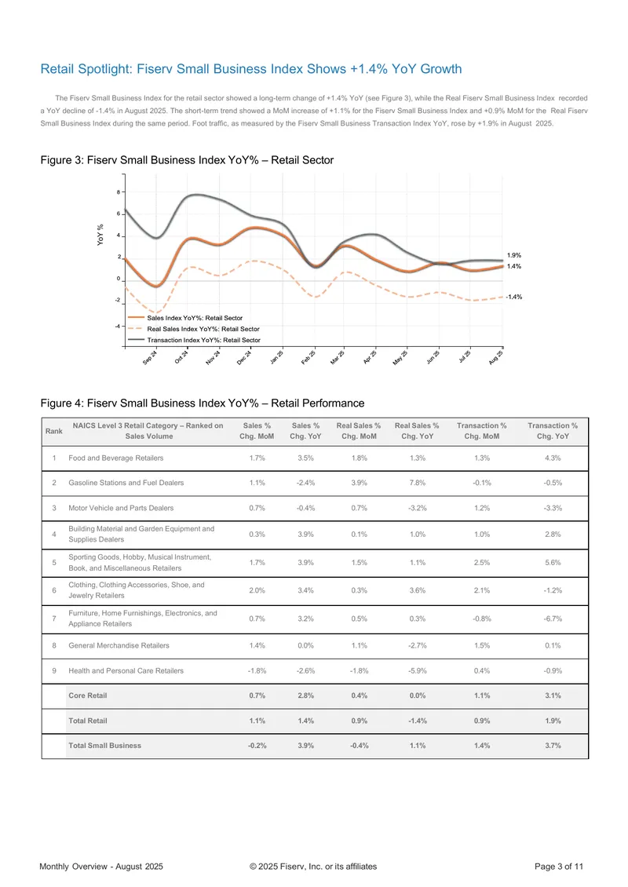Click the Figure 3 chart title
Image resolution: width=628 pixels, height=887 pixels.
tap(187, 160)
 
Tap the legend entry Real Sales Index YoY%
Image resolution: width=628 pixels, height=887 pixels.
tap(193, 329)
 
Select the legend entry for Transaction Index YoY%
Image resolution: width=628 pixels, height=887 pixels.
tap(194, 340)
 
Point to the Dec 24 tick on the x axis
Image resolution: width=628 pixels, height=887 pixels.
tap(244, 357)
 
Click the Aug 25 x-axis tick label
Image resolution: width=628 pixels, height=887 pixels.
tap(495, 357)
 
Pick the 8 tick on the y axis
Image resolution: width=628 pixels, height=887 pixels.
tap(119, 192)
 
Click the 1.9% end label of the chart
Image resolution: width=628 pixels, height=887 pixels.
tap(513, 255)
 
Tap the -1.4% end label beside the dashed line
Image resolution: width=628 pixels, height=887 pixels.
tap(513, 297)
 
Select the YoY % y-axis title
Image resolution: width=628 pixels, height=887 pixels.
tap(100, 235)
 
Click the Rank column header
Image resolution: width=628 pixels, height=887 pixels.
tap(53, 431)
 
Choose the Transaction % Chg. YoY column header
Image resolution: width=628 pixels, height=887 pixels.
tap(553, 431)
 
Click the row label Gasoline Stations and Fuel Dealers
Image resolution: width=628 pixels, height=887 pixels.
tap(126, 483)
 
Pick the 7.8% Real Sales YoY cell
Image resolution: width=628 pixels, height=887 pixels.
tap(418, 483)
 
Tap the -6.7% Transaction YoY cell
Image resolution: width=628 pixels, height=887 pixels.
tap(553, 619)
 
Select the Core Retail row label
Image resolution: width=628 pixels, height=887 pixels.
tap(88, 695)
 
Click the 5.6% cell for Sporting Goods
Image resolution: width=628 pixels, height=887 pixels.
tap(553, 562)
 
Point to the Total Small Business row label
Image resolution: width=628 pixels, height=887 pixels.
tap(104, 746)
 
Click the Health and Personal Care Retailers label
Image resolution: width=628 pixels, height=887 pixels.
tap(126, 670)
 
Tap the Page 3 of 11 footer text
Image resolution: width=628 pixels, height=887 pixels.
tap(559, 866)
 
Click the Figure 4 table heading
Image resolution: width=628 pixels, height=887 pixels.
tap(202, 403)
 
